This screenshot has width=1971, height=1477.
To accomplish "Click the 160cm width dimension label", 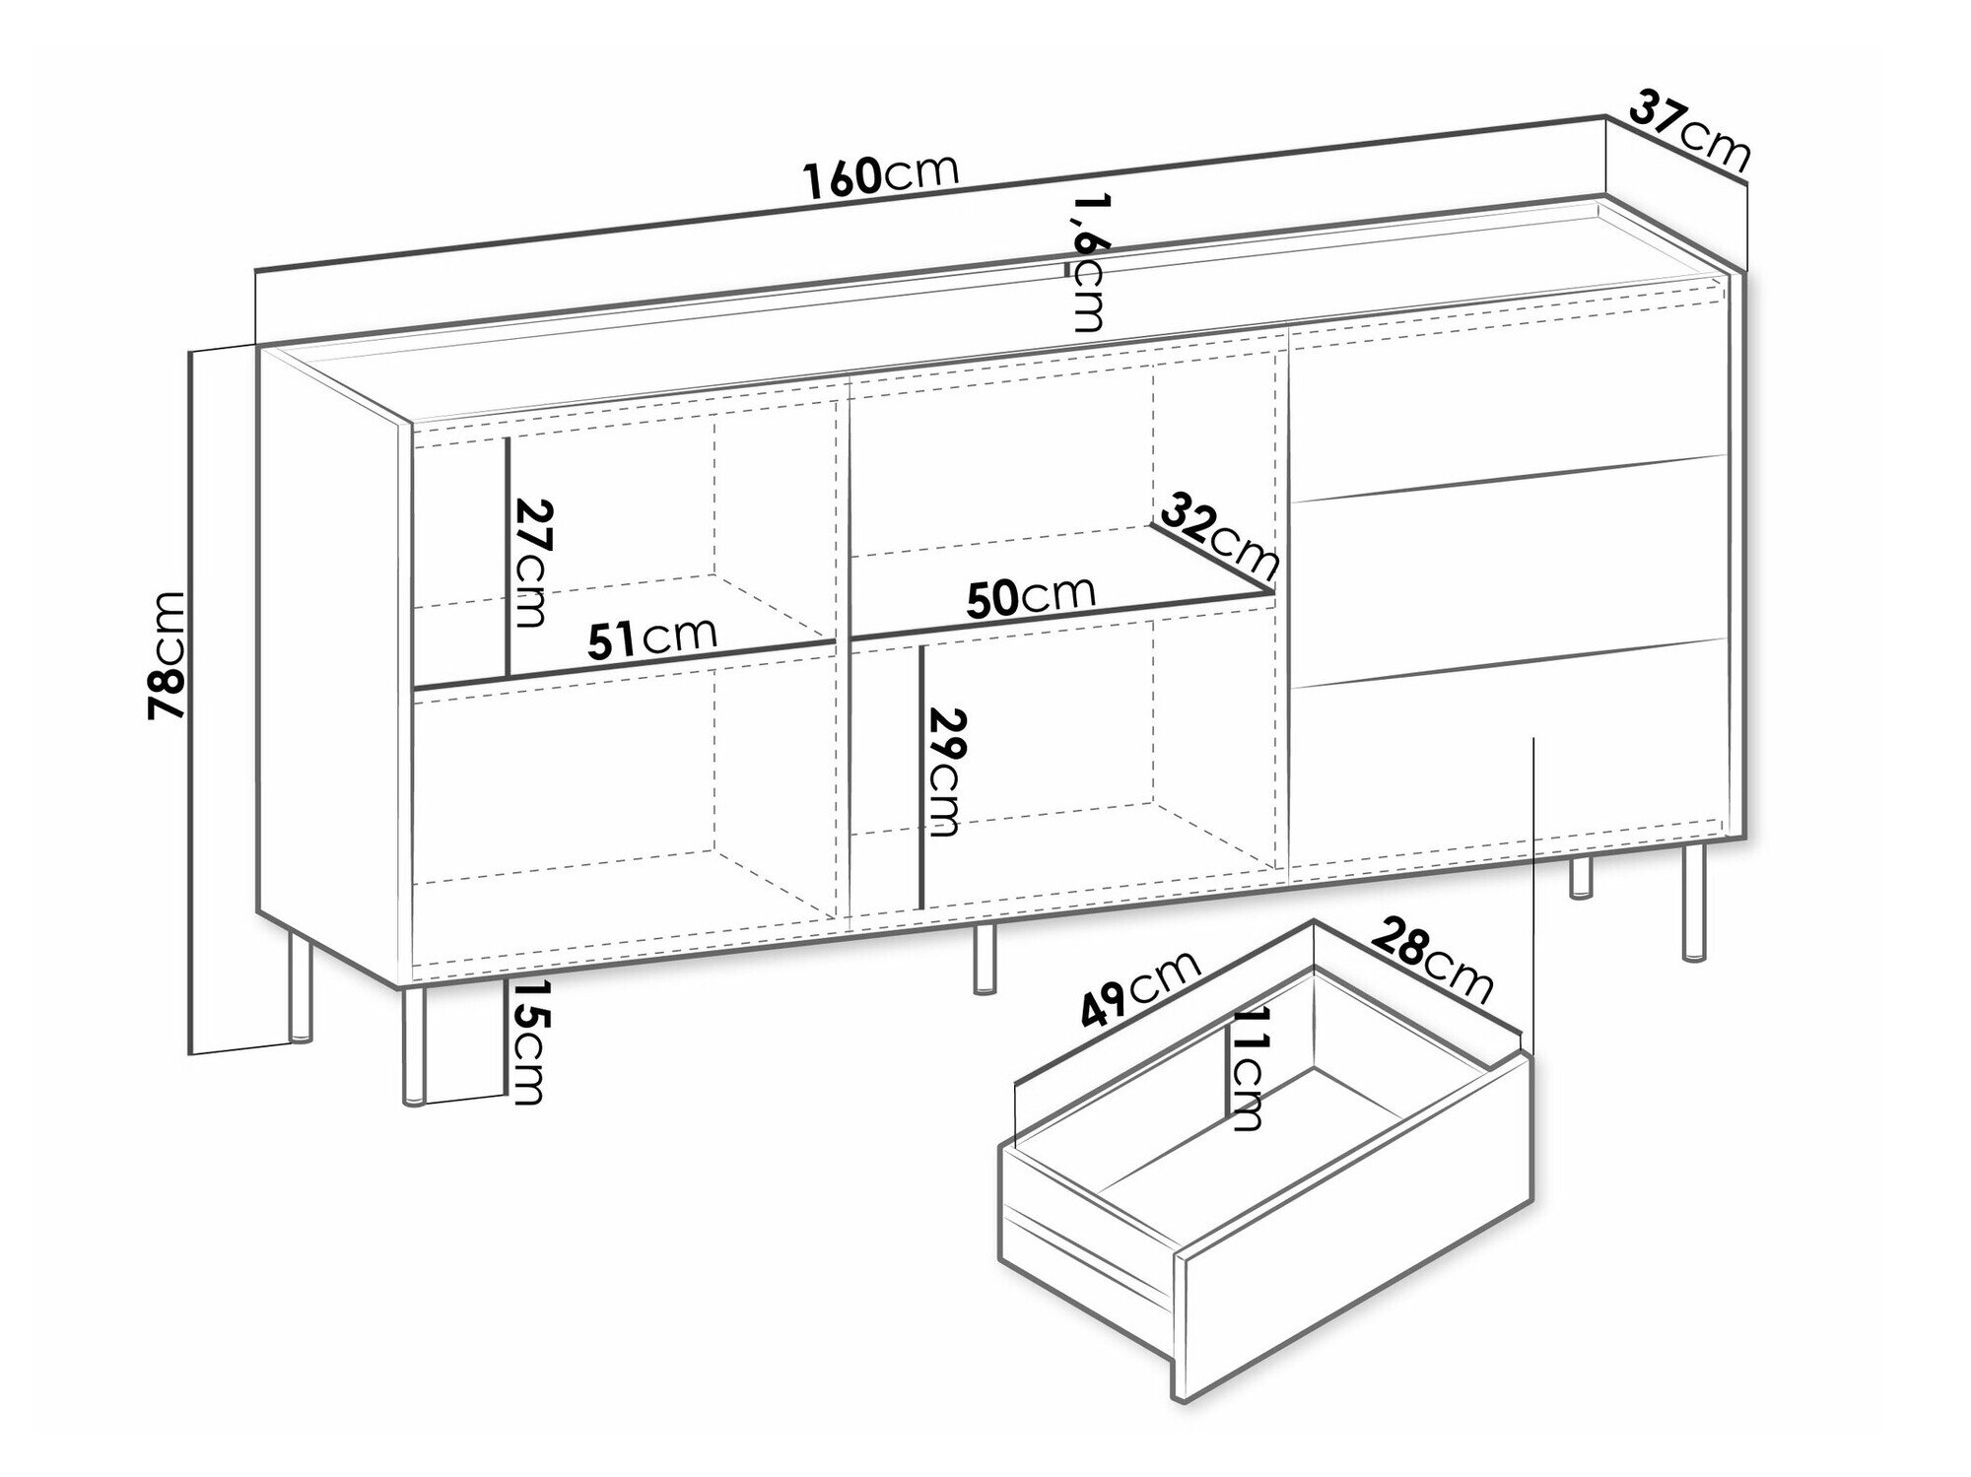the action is click(881, 175).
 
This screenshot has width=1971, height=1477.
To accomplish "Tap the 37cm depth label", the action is click(1689, 131).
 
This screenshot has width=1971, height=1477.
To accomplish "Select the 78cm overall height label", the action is click(166, 655).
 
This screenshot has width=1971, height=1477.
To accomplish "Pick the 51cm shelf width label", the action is click(651, 638).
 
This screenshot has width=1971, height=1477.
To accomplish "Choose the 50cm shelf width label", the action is click(1031, 596).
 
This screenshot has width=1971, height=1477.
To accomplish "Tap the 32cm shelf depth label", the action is click(1219, 536).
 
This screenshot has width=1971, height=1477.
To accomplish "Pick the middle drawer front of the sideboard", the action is click(1508, 571).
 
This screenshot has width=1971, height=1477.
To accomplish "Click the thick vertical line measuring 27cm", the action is click(507, 557).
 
